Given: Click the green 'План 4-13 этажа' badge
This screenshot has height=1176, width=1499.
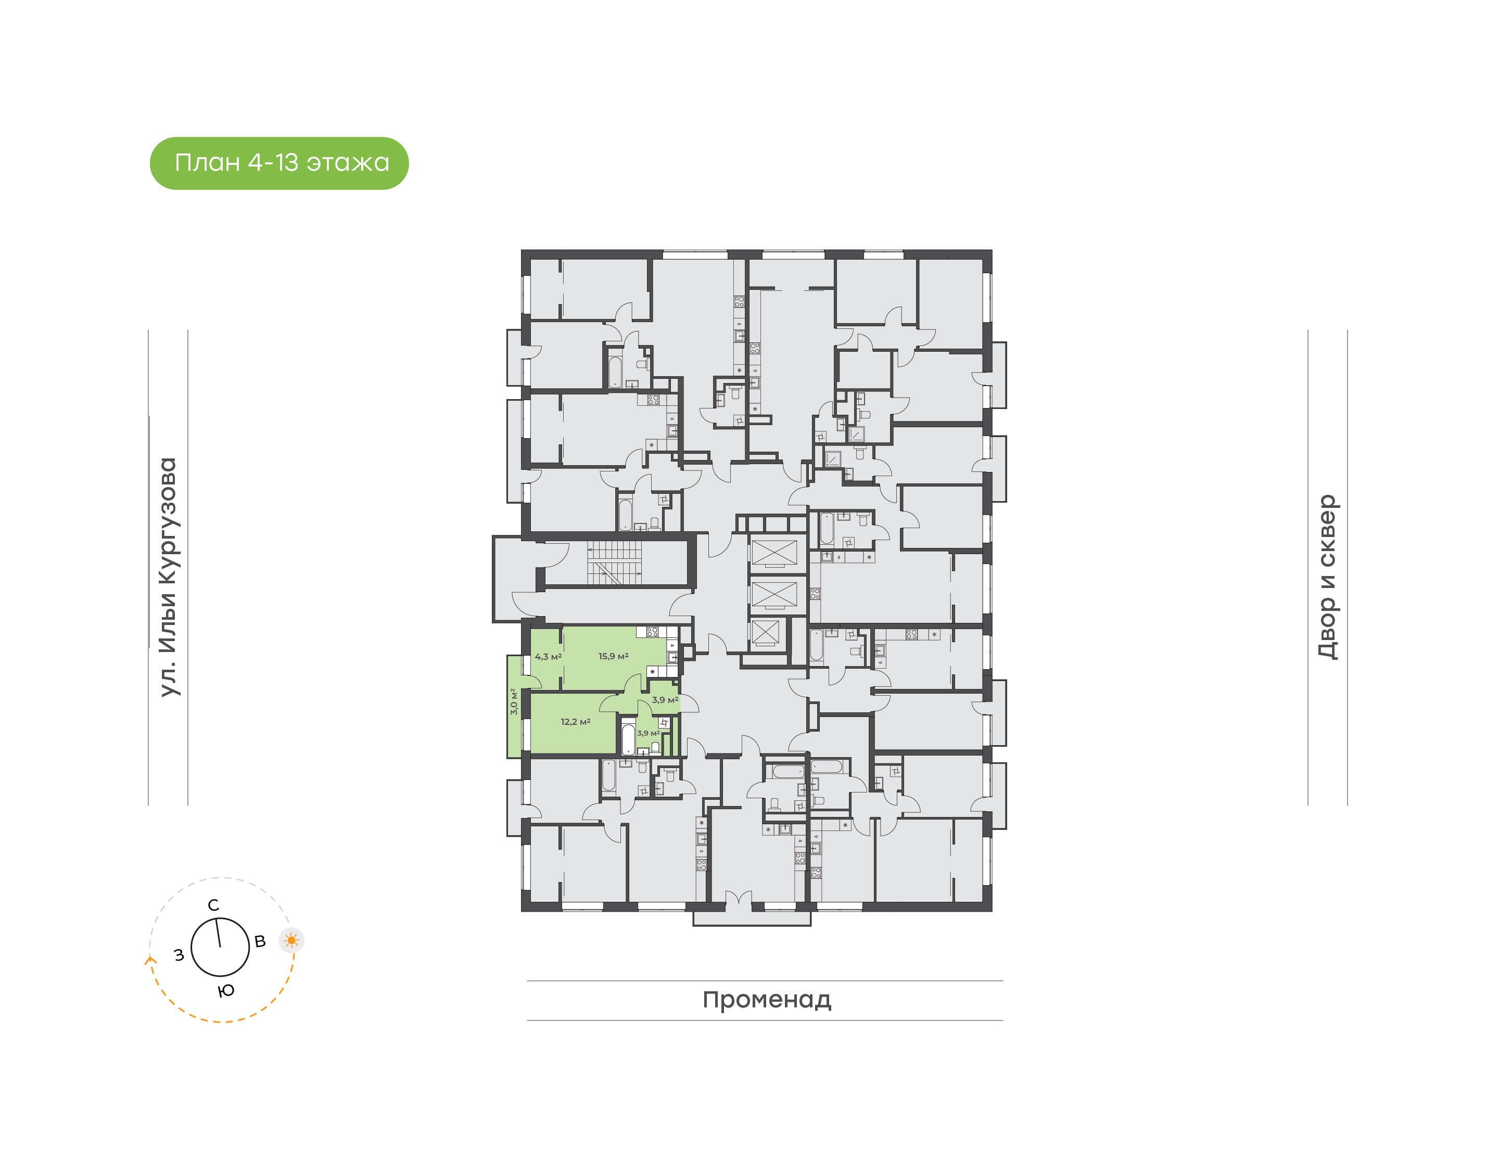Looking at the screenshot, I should (279, 163).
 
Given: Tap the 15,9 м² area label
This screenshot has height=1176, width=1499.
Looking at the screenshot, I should (613, 656).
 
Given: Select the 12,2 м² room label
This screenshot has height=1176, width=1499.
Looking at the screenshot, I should (575, 722).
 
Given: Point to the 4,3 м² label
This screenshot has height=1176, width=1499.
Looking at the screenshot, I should (548, 657).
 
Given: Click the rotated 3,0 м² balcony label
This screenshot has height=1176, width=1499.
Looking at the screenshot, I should (514, 701).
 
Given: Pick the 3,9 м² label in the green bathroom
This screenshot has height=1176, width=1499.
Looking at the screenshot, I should (648, 733).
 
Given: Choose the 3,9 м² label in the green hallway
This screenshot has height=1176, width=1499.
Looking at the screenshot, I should (665, 699).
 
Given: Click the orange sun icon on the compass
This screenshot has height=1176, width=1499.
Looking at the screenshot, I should (291, 940).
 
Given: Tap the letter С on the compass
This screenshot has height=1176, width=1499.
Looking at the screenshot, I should (213, 905).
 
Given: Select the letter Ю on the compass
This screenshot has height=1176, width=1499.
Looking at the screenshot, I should (226, 991).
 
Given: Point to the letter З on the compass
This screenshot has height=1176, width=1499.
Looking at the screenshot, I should (179, 955).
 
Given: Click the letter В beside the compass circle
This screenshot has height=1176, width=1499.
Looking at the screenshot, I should (260, 941).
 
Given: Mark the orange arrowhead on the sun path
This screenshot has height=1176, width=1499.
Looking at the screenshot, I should (150, 959).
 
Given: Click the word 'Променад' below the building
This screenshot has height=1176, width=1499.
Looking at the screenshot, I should (766, 999).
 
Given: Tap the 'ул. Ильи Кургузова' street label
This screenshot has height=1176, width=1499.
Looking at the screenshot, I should (169, 577).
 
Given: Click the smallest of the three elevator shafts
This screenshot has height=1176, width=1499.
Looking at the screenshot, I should (765, 633).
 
